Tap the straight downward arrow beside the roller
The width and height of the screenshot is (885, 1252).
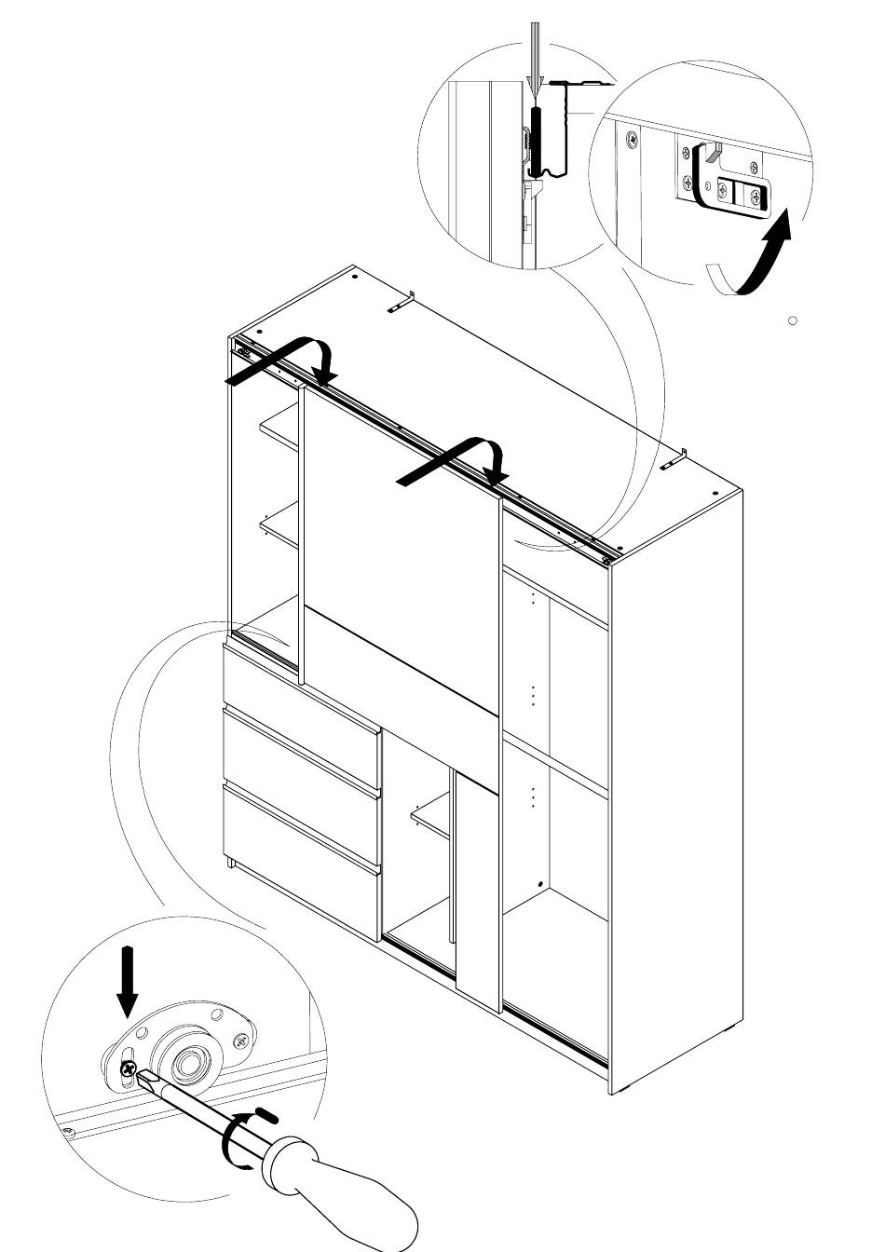128,982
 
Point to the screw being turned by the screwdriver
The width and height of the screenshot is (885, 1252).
128,1067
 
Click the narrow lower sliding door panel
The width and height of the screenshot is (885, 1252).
477,894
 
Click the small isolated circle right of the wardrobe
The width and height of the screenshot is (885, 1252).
793,320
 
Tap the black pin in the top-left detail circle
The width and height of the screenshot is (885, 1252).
537,140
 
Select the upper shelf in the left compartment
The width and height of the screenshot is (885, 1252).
279,433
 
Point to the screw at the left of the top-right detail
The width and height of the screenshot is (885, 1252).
632,141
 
